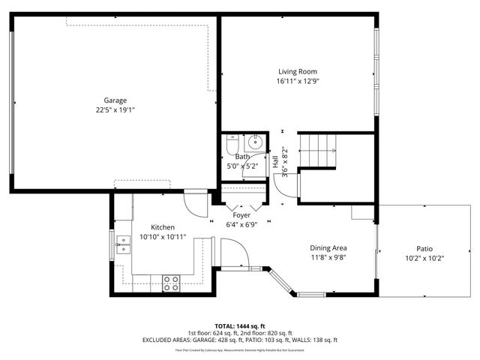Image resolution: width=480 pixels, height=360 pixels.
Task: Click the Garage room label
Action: (115, 100)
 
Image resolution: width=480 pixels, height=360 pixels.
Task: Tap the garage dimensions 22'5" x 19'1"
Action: (115, 109)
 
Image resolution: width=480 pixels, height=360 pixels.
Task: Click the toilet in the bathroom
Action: (232, 142)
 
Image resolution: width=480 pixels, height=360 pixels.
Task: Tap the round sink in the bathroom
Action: (255, 141)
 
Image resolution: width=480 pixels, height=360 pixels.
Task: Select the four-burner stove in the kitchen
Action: (171, 283)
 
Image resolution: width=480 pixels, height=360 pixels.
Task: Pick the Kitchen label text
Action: (163, 227)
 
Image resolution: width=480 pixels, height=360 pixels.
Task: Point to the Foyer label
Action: (241, 215)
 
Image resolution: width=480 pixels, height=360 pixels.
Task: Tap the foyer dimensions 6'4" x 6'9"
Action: (241, 224)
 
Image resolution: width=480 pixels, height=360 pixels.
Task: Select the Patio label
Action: (424, 249)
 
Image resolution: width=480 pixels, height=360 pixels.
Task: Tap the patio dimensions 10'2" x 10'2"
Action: (424, 259)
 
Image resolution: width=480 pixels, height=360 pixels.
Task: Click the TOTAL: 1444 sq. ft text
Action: (240, 325)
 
